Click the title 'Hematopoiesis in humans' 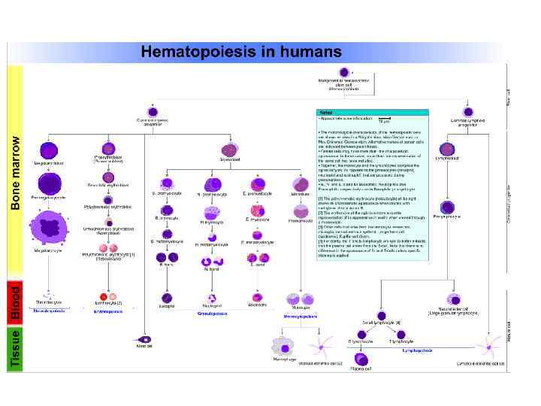(x=241, y=52)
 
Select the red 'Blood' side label (x=15, y=303)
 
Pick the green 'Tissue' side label (x=15, y=348)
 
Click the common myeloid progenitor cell (x=153, y=111)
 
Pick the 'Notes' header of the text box (x=327, y=112)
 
